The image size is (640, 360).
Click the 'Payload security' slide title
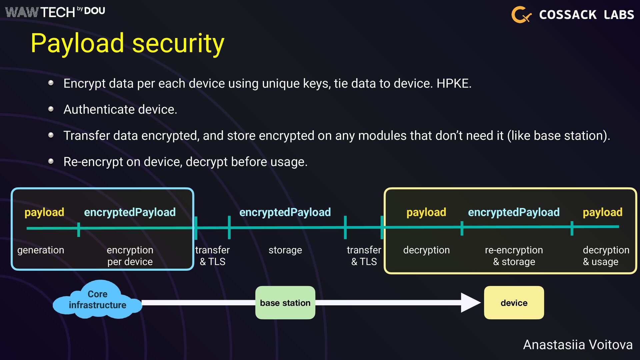pyautogui.click(x=127, y=43)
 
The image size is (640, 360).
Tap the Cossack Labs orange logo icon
pyautogui.click(x=521, y=15)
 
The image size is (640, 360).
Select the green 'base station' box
pyautogui.click(x=285, y=303)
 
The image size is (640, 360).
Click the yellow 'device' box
pyautogui.click(x=514, y=303)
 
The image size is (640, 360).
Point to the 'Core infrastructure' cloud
pyautogui.click(x=97, y=300)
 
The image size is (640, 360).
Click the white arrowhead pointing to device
pyautogui.click(x=470, y=303)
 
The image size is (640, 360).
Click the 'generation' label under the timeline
pyautogui.click(x=41, y=250)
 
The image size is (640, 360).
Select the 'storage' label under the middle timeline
pyautogui.click(x=285, y=250)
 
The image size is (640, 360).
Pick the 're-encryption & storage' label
pyautogui.click(x=514, y=256)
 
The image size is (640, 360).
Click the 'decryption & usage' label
pyautogui.click(x=606, y=256)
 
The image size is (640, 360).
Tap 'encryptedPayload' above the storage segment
pyautogui.click(x=285, y=212)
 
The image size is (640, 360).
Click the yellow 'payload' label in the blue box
pyautogui.click(x=44, y=212)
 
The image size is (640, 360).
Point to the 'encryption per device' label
pyautogui.click(x=130, y=256)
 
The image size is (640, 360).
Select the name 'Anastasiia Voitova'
pyautogui.click(x=578, y=345)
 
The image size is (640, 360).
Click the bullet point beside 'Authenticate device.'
pyautogui.click(x=51, y=109)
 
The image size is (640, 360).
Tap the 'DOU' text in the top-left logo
pyautogui.click(x=95, y=11)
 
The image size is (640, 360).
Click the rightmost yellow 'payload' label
pyautogui.click(x=602, y=212)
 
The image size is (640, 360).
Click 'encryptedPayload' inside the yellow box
pyautogui.click(x=514, y=212)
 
